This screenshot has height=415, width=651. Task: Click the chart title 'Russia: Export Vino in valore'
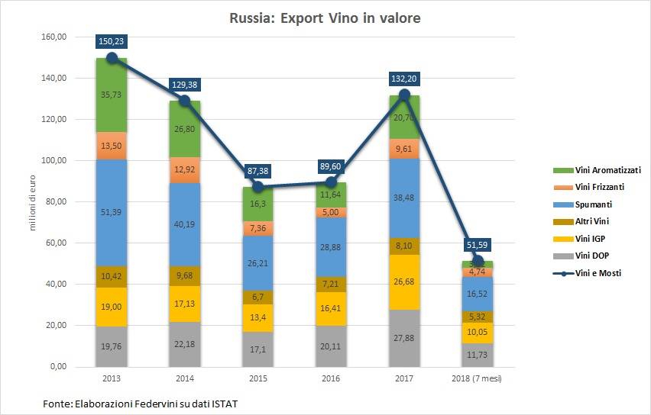click(x=325, y=18)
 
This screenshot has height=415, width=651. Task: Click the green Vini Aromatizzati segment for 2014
click(x=184, y=128)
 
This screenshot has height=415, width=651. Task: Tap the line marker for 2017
click(x=404, y=95)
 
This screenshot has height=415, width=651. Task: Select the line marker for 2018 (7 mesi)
click(x=478, y=261)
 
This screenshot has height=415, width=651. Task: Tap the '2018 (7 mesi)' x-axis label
click(x=478, y=378)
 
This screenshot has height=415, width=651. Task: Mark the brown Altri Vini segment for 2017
click(x=404, y=246)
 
